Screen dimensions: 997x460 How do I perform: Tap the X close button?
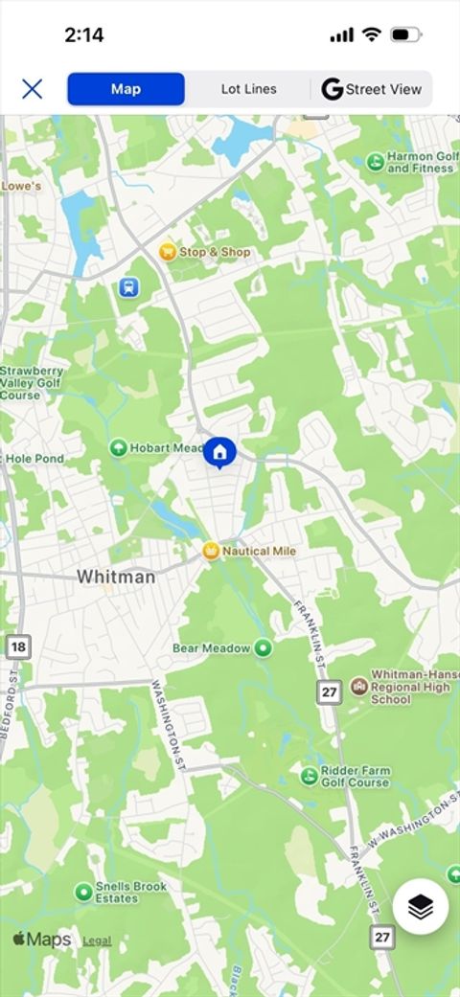click(33, 89)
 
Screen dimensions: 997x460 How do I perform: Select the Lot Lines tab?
click(248, 89)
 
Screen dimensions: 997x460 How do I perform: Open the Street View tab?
click(372, 89)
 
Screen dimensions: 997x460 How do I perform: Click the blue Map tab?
click(126, 89)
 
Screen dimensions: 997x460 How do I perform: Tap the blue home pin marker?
click(219, 452)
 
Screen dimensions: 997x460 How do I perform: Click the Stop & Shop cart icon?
click(168, 252)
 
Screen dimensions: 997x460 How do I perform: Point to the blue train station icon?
click(128, 287)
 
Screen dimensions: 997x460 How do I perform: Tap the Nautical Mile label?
click(259, 552)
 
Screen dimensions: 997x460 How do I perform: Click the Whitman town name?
click(115, 577)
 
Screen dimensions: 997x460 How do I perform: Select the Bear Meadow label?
click(211, 648)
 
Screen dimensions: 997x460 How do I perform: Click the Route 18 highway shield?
click(17, 647)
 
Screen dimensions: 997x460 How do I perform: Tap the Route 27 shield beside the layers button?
click(382, 937)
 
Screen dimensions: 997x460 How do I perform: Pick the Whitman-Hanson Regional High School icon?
click(358, 686)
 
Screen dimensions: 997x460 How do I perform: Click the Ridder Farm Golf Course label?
click(355, 776)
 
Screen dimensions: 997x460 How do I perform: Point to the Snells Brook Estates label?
click(130, 893)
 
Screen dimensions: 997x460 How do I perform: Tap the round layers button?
click(421, 906)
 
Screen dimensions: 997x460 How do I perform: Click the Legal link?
click(97, 941)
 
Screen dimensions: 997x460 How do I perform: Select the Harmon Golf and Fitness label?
click(423, 162)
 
